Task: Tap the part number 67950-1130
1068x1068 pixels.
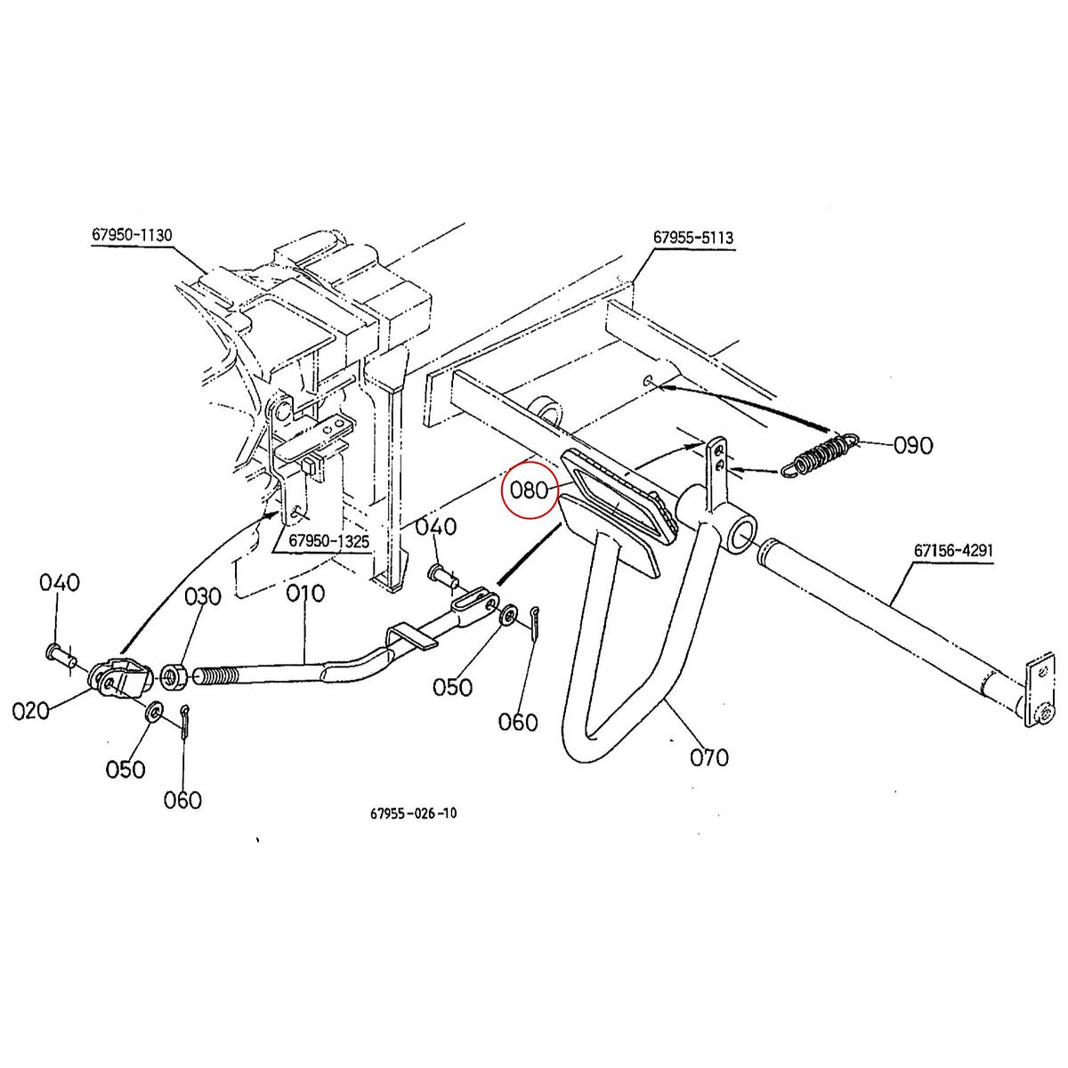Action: coord(132,235)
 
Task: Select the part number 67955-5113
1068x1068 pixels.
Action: coord(693,239)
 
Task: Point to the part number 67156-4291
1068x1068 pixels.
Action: coord(953,551)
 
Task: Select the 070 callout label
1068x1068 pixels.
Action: coord(709,757)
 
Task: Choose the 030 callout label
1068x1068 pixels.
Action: coord(203,596)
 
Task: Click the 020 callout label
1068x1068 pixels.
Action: coord(33,711)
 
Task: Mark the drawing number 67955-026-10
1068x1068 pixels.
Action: coord(414,813)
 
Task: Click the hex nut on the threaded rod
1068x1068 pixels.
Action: coord(174,676)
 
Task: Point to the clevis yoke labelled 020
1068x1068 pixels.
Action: coord(120,679)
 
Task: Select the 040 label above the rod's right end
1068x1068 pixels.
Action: coord(436,527)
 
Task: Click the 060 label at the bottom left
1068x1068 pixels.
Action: coord(182,800)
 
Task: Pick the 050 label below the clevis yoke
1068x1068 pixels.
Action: coord(125,768)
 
